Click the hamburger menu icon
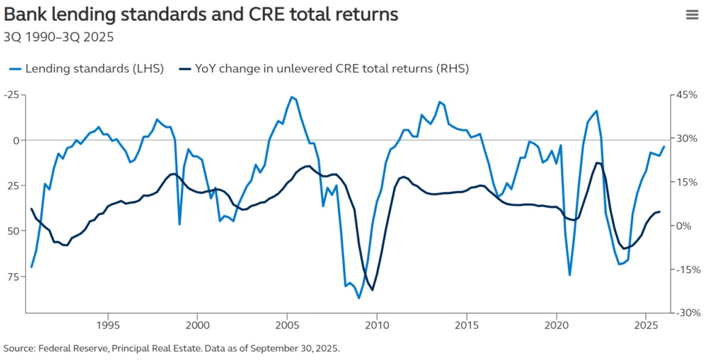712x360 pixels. click(x=692, y=15)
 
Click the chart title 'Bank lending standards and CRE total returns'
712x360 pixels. click(x=201, y=15)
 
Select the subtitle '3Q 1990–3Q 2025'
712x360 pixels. click(x=59, y=37)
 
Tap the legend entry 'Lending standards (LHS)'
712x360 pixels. click(x=87, y=68)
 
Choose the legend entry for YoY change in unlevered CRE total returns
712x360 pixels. click(x=324, y=68)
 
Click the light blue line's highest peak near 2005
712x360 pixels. click(x=291, y=97)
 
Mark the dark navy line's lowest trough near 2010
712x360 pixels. click(x=372, y=290)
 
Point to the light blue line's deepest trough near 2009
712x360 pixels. click(x=359, y=297)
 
